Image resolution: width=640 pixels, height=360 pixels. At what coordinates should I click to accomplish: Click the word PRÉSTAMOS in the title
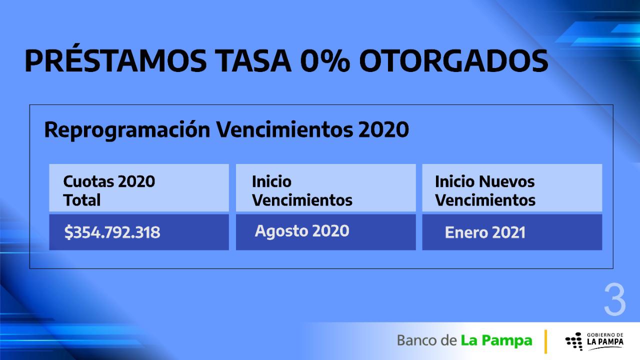tap(115, 62)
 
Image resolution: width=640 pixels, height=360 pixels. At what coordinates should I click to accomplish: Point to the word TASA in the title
tap(253, 62)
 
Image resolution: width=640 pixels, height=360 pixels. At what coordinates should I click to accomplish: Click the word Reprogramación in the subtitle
tap(127, 130)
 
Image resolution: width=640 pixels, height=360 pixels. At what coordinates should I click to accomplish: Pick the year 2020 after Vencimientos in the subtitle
tap(383, 130)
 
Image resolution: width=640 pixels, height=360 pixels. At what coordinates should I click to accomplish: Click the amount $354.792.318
tap(112, 232)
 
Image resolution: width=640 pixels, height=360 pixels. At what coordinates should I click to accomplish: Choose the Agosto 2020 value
tap(302, 231)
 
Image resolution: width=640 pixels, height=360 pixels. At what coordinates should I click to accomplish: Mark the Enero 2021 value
tap(485, 233)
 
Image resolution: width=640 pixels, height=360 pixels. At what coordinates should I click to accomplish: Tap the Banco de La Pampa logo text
tap(464, 341)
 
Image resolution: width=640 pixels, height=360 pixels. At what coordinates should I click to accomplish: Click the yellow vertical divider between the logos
tap(545, 341)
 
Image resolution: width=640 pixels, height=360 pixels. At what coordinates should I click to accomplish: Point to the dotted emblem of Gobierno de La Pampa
tap(573, 341)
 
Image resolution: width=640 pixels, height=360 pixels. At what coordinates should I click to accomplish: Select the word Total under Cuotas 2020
tap(82, 200)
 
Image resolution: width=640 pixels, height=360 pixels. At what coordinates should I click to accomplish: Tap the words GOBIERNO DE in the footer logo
tap(605, 335)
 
